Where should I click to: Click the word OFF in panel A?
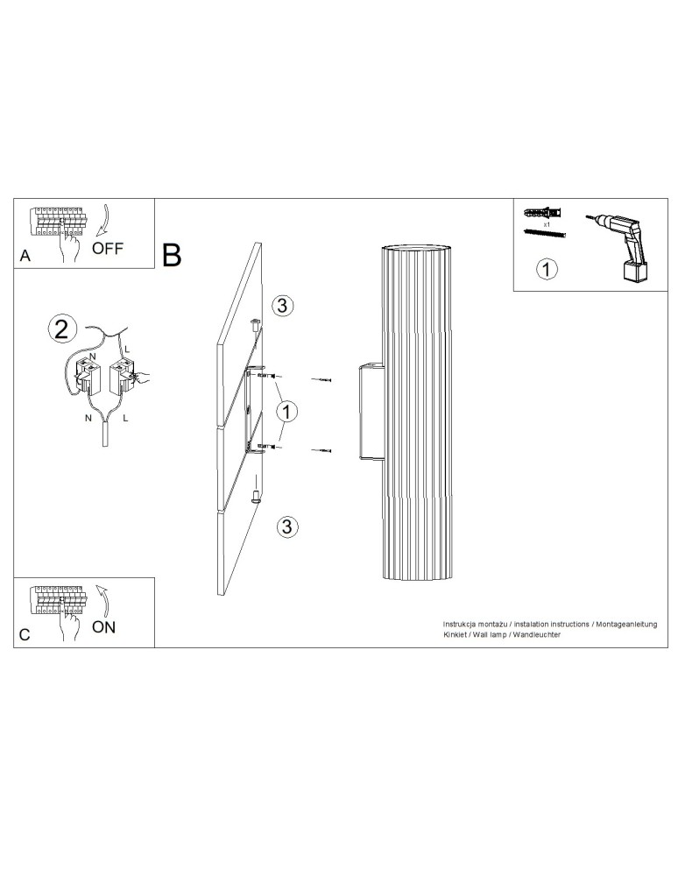[109, 247]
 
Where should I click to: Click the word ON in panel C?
[103, 626]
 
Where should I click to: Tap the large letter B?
[172, 254]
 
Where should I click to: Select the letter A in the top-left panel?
[25, 257]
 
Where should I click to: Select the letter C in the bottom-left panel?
[25, 636]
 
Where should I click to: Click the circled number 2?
[60, 329]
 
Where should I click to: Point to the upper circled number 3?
[283, 305]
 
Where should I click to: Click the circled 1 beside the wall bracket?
[285, 410]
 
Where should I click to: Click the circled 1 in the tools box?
[546, 269]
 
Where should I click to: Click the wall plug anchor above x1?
[543, 214]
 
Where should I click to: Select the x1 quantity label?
[546, 224]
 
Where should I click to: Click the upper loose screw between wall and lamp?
[324, 379]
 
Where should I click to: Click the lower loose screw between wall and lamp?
[324, 450]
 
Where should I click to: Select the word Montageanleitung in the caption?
[625, 622]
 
